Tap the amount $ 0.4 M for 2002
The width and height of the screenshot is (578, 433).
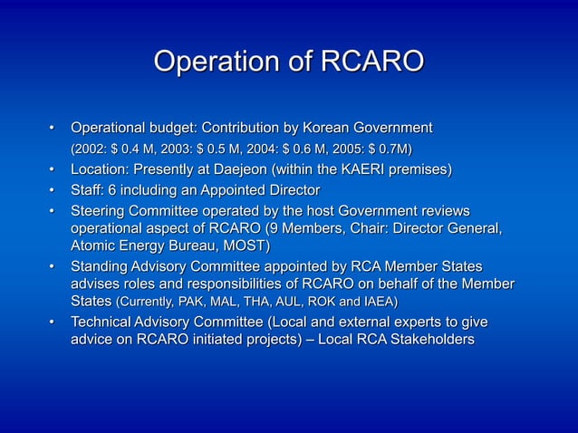pos(133,148)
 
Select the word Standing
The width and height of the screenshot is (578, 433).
pos(102,266)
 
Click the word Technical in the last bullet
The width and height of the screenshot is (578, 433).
pos(106,322)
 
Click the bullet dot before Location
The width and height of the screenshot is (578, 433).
pos(53,169)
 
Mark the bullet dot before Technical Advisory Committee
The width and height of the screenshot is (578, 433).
pos(53,322)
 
